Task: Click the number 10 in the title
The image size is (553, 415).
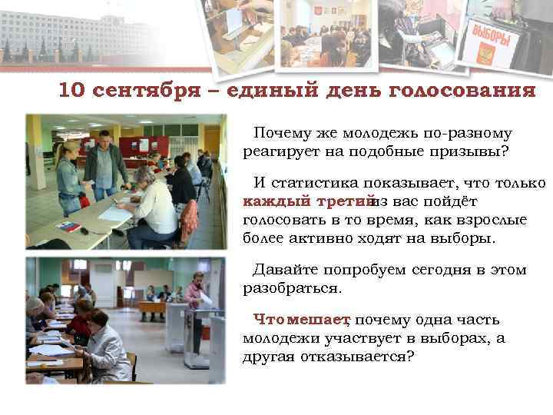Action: (71, 91)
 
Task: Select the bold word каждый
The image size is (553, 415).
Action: (272, 202)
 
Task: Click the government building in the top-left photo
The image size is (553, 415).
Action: (69, 35)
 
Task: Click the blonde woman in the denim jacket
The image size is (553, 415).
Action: (70, 173)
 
